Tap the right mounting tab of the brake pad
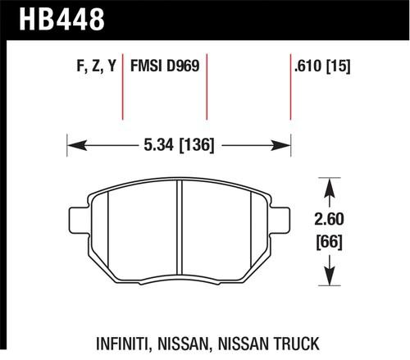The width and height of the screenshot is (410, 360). [x=285, y=220]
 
